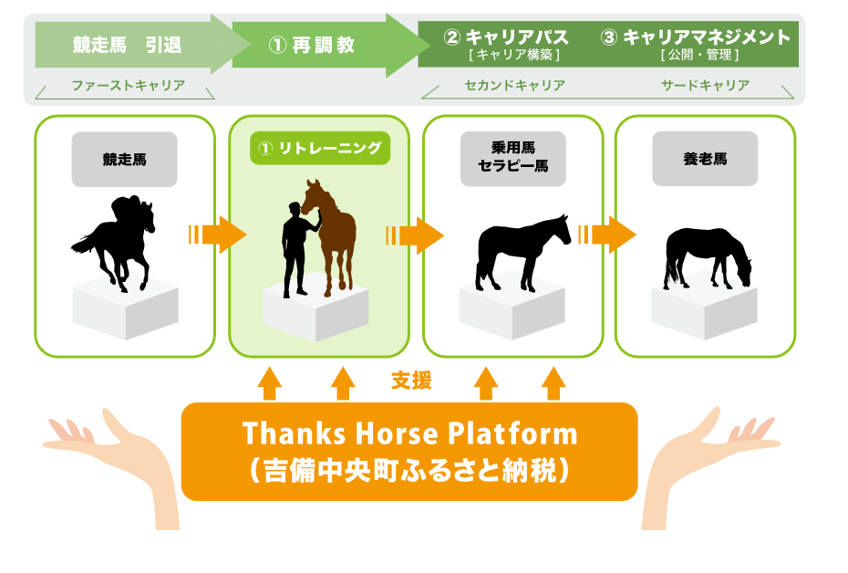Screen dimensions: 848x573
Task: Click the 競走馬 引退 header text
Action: click(x=127, y=45)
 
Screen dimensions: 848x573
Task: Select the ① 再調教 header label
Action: click(x=312, y=45)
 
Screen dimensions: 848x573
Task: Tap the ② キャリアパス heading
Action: click(x=506, y=36)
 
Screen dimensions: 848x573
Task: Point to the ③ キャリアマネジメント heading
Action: click(x=696, y=36)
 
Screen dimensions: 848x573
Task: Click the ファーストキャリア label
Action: click(x=129, y=85)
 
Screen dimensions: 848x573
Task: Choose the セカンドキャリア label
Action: click(x=515, y=85)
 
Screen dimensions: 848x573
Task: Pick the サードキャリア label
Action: click(x=705, y=85)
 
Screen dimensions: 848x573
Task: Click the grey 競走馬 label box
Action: click(x=124, y=159)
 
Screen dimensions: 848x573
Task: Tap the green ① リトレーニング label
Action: click(x=320, y=148)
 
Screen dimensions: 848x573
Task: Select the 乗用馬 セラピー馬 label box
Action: click(x=513, y=159)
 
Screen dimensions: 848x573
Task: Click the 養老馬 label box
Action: click(x=705, y=159)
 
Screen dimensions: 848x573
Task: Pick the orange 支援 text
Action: click(x=411, y=380)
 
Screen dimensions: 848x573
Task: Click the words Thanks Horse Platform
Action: click(x=410, y=433)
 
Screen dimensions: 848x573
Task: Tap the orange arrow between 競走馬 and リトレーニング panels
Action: click(x=217, y=234)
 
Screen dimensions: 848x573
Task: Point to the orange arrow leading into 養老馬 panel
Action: click(x=607, y=234)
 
